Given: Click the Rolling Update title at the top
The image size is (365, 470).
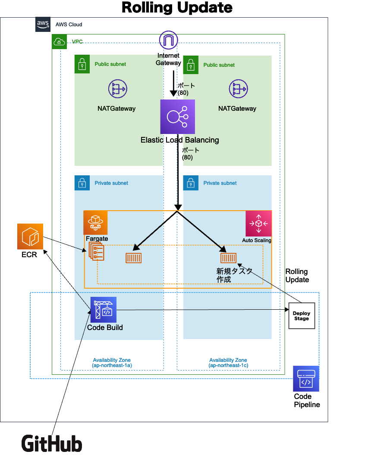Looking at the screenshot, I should tap(177, 8).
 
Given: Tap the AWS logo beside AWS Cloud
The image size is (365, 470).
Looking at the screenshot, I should tap(43, 25).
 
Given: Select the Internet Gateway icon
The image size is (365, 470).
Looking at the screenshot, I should tap(168, 40).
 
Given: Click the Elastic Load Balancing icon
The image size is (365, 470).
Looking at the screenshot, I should tap(177, 117).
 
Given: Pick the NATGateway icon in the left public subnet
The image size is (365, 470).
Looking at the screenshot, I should tap(117, 89).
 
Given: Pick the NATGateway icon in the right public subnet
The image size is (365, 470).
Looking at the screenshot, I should tap(238, 89).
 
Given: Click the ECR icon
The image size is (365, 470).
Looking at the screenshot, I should tap(30, 237).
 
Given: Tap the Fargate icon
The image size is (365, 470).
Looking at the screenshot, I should tap(95, 223).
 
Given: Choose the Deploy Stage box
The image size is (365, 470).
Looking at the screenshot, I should tap(302, 316).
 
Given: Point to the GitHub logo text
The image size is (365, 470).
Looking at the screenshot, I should tap(52, 444).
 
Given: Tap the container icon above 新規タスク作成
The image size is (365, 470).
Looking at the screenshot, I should tap(228, 258).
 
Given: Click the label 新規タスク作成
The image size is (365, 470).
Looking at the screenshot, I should tap(233, 275).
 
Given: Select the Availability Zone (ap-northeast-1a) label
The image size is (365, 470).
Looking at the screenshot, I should tap(112, 363).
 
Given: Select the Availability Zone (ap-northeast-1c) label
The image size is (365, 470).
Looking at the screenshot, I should tap(228, 363).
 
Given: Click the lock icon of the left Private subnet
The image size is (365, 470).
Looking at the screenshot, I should tap(82, 183).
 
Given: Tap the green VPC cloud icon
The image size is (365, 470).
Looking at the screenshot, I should tap(59, 42).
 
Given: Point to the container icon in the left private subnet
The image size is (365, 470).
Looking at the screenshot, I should tap(133, 258).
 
